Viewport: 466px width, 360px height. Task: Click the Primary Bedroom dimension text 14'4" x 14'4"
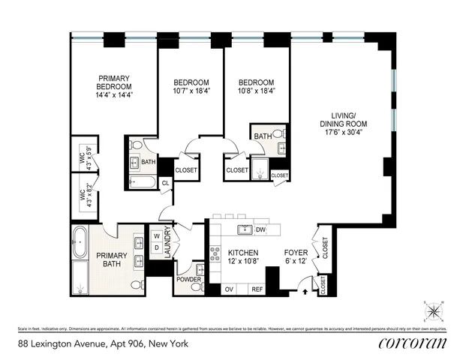[x=114, y=95]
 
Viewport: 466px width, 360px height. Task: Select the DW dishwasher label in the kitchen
[x=261, y=229]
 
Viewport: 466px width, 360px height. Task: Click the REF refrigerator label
[x=257, y=289]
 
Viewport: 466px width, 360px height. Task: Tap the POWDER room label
[x=188, y=280]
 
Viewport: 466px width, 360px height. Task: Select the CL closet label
[x=165, y=182]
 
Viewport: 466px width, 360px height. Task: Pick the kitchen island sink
[x=243, y=229]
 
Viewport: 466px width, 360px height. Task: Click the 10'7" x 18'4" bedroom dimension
[x=190, y=91]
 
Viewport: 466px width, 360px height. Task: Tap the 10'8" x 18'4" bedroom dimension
[x=256, y=91]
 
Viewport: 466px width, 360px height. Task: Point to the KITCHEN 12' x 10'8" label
[x=244, y=257]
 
